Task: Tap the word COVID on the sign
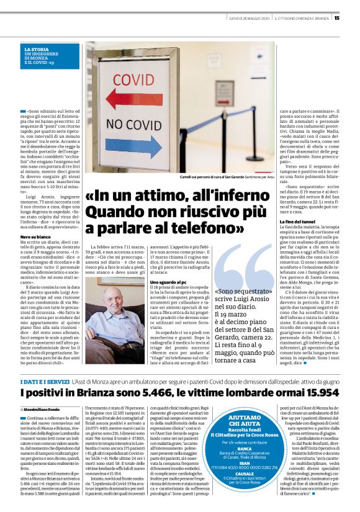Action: coord(133,80)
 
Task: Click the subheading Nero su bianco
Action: coord(35,237)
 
